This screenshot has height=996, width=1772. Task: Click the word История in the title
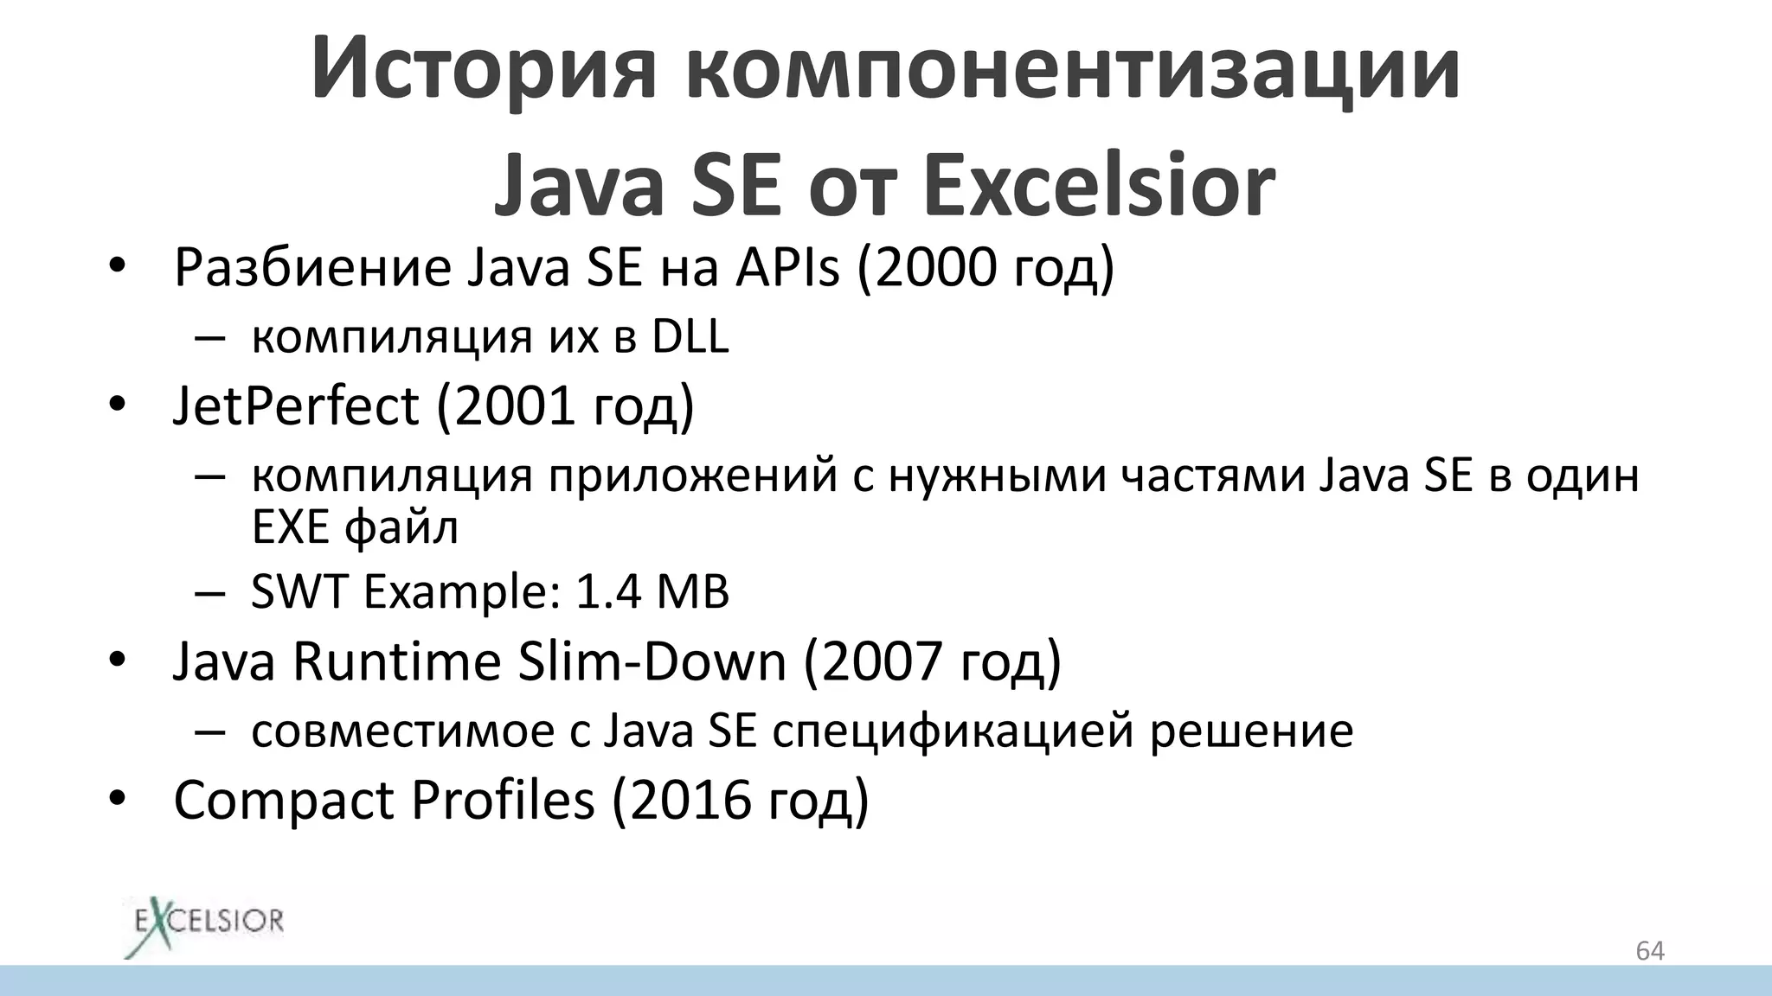tap(484, 69)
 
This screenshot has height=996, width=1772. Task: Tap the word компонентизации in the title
tap(1072, 69)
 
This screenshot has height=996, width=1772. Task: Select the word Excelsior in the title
tap(1099, 186)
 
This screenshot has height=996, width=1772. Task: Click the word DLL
tap(690, 336)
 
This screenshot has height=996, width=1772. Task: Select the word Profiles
tap(503, 800)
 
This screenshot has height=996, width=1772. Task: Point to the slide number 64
tap(1650, 951)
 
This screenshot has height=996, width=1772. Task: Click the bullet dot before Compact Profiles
tap(118, 800)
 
